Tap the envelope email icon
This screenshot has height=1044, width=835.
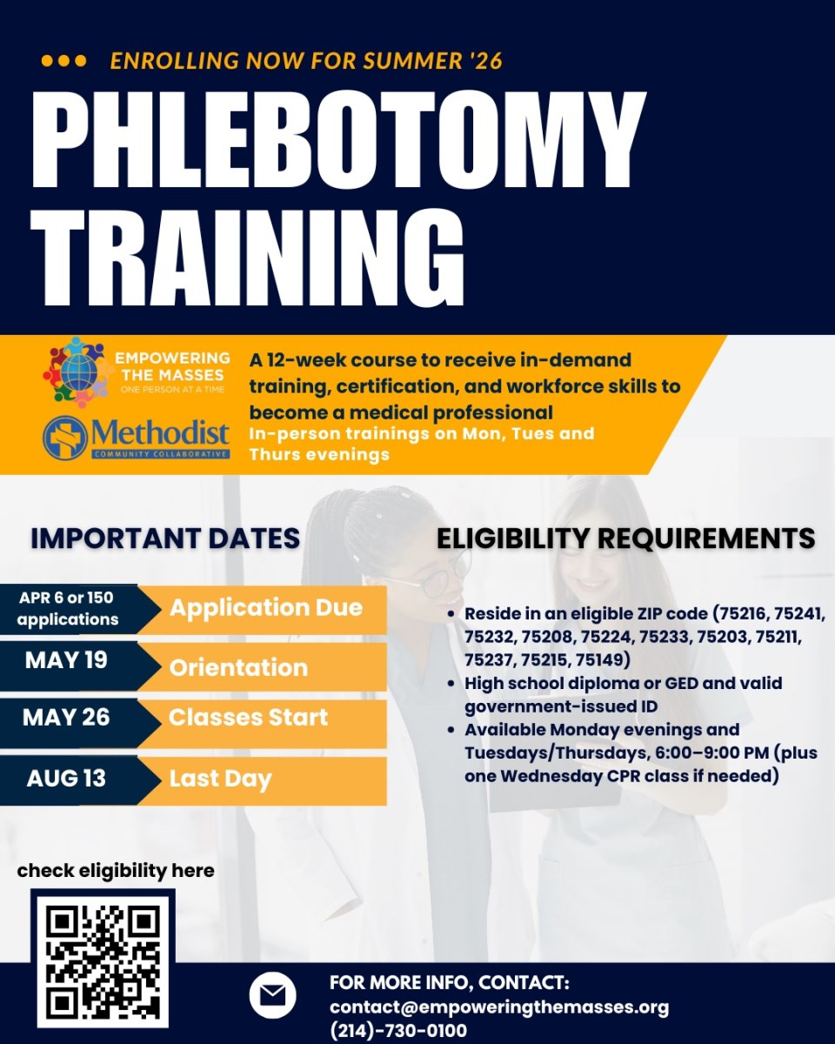(x=272, y=995)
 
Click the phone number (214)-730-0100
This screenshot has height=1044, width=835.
(x=398, y=1030)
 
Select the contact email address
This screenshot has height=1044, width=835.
(x=499, y=1007)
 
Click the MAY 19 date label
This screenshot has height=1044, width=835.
(x=66, y=660)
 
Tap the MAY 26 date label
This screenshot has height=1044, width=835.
(x=66, y=717)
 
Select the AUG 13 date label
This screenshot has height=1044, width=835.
(x=66, y=779)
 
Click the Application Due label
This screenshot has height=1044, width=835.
(x=266, y=608)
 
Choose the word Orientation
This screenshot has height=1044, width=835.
(x=238, y=667)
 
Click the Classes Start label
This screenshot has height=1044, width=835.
(x=249, y=717)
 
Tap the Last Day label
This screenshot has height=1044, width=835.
(x=220, y=780)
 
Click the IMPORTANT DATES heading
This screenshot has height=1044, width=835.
(x=165, y=539)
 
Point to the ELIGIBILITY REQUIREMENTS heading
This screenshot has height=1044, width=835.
(x=626, y=539)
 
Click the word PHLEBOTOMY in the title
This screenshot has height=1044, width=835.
(x=338, y=140)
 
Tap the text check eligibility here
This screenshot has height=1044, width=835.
(x=116, y=871)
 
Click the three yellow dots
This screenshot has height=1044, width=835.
(x=64, y=61)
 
